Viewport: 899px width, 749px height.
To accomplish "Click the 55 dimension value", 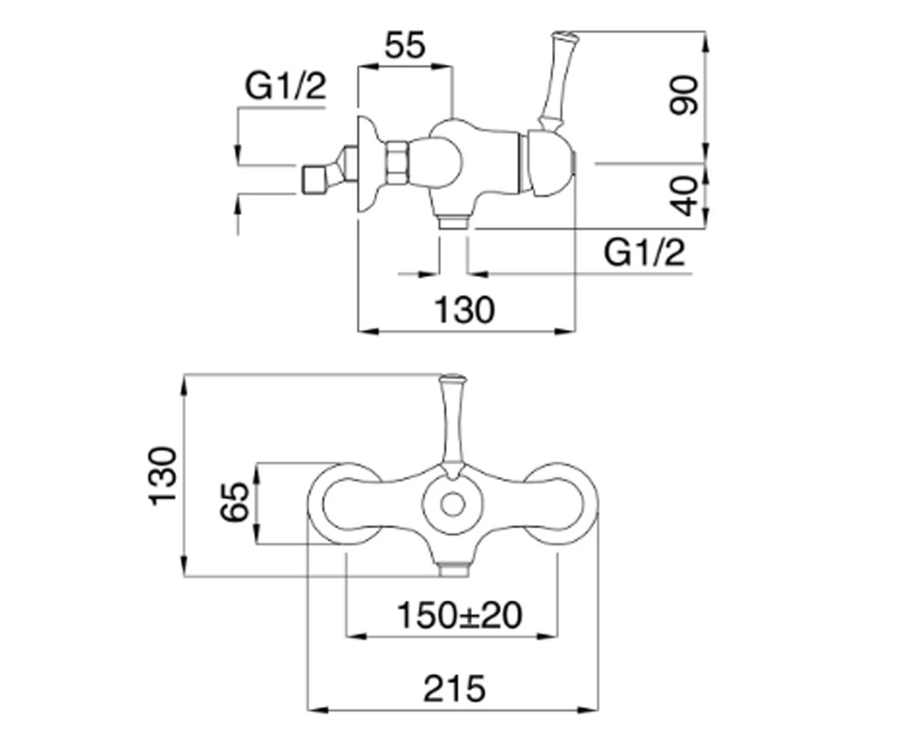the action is pos(405,45).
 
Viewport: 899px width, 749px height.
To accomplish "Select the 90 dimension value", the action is pos(684,95).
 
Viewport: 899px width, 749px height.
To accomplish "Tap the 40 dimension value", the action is pos(684,195).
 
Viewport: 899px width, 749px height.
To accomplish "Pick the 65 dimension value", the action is pos(234,502).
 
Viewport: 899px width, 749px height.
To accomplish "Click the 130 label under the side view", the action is pos(465,309).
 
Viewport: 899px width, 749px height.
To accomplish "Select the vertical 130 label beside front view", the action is pos(163,476).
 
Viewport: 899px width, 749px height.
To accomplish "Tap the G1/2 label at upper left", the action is pos(285,86).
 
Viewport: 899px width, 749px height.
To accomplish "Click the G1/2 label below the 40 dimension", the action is pos(644,252).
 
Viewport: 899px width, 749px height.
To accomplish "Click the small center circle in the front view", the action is pos(453,506).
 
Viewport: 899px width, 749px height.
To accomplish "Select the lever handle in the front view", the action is pos(452,426).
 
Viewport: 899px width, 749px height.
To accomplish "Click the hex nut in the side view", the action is pos(396,163).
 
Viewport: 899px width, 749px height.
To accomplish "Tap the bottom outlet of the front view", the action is pos(453,569).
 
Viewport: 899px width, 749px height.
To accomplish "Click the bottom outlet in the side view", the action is pos(453,223).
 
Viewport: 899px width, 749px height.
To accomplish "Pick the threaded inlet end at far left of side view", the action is pos(315,179).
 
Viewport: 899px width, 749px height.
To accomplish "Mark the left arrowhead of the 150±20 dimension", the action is pos(357,636).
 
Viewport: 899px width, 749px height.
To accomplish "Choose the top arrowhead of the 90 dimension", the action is pos(705,41).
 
